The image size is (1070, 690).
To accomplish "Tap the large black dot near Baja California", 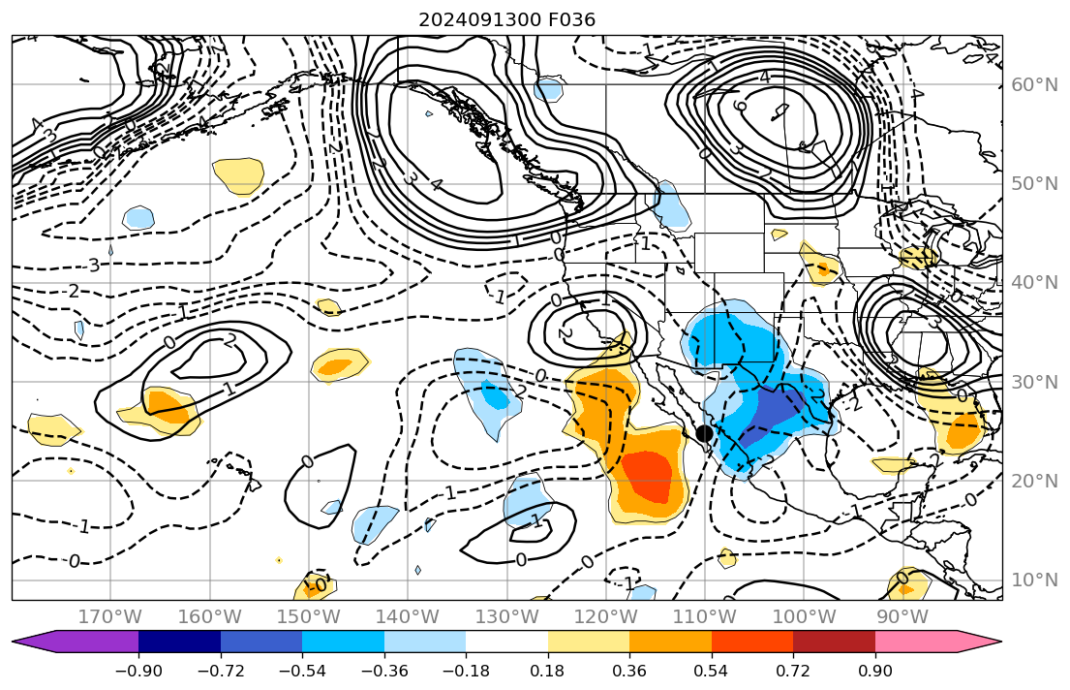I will (x=705, y=433).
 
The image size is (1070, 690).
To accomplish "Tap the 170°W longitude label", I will (x=110, y=616).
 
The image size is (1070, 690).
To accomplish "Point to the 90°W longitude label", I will (x=902, y=616).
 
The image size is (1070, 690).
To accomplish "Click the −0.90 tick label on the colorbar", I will (x=138, y=671).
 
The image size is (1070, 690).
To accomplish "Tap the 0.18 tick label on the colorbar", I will (x=548, y=671).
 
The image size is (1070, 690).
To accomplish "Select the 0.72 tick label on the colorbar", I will (x=793, y=671).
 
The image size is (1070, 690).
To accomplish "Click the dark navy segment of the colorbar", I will (x=179, y=642).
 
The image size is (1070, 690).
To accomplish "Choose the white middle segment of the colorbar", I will (x=506, y=642).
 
